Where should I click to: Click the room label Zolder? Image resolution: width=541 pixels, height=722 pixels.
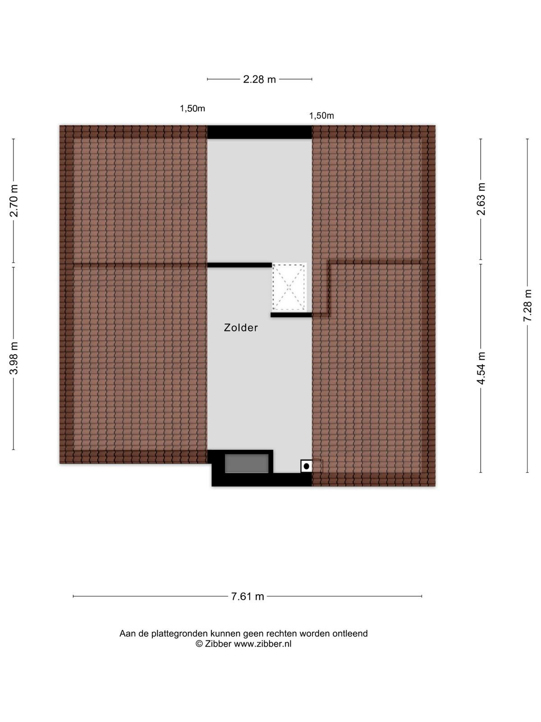(x=241, y=327)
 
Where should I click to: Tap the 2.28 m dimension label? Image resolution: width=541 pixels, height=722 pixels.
(x=259, y=79)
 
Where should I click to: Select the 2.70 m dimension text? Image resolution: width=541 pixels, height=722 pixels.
(x=14, y=200)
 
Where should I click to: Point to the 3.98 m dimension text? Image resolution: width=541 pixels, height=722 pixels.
(x=14, y=358)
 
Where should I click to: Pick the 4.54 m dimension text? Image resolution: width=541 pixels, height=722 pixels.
(x=481, y=368)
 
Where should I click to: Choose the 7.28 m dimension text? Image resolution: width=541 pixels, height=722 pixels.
(x=527, y=305)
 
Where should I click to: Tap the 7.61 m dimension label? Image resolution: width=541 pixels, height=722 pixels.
(x=248, y=596)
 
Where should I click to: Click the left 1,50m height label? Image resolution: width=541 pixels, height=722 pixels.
(x=192, y=108)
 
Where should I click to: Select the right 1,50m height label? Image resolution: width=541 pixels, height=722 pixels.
(x=321, y=116)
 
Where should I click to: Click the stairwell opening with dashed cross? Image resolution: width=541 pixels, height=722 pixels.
(x=289, y=287)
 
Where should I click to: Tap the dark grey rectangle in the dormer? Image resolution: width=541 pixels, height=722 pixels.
(x=247, y=463)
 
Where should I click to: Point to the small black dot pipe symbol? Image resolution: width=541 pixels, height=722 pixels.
(x=306, y=466)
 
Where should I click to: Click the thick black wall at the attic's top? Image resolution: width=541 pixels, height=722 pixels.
(x=259, y=132)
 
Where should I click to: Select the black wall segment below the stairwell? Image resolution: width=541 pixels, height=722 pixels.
(x=291, y=315)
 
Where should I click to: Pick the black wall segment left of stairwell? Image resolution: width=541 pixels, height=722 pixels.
(x=239, y=265)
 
